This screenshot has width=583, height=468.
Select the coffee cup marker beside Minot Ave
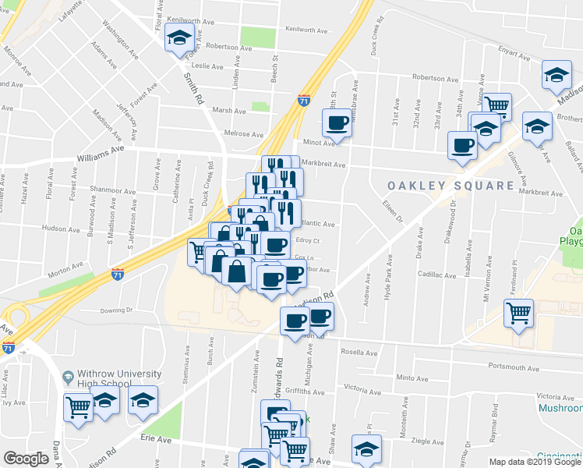tap(337, 123)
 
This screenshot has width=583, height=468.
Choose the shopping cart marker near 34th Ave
tap(496, 105)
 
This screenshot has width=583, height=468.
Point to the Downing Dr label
tap(117, 310)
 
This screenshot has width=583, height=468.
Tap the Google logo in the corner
tap(26, 459)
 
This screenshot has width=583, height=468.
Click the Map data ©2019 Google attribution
tap(534, 462)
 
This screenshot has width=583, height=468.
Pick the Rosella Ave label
tap(359, 353)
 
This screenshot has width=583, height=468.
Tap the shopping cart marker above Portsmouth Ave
tap(518, 314)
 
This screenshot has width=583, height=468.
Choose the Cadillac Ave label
tap(436, 275)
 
